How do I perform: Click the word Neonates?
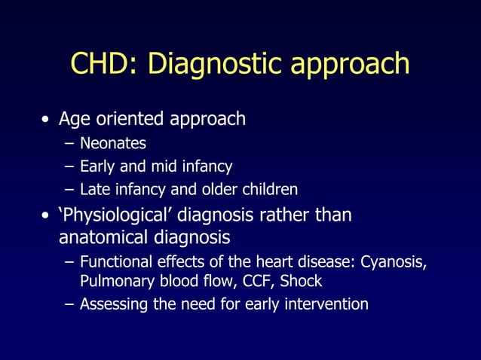[113, 143]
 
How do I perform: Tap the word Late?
[95, 189]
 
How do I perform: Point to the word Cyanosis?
[394, 263]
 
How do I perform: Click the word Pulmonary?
[112, 282]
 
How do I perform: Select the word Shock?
[301, 281]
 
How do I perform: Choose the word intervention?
[325, 304]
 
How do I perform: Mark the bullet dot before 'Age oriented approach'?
[47, 120]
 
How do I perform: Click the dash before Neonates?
[69, 143]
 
